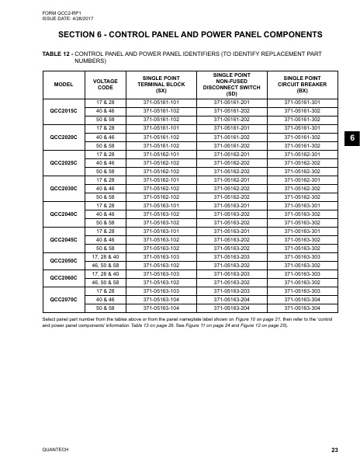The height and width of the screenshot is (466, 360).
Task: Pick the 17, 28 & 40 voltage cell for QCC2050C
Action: [105, 256]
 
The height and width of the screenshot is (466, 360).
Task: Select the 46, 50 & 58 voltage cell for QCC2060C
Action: [105, 281]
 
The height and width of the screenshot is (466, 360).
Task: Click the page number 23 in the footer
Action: [334, 450]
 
